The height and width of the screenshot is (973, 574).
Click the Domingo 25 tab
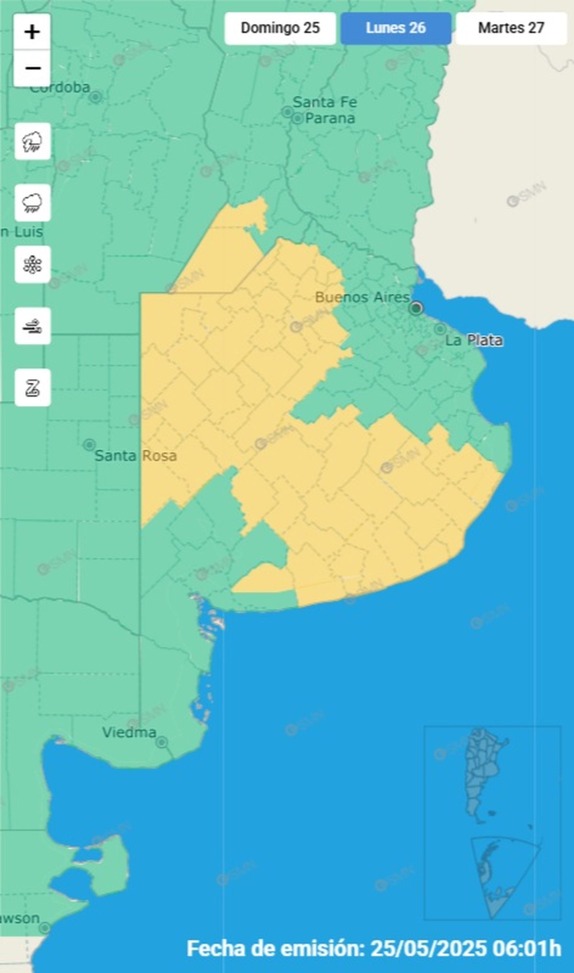pos(280,28)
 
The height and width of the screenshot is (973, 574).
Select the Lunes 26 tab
pos(396,28)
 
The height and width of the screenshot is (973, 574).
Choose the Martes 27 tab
pos(511,28)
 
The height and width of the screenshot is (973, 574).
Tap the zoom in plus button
pos(32,33)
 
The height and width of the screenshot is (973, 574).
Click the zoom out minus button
pos(32,68)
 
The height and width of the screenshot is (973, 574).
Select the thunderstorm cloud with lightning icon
pos(33,142)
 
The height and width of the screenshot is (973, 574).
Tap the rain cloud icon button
pos(33,203)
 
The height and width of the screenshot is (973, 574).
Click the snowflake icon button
pos(33,265)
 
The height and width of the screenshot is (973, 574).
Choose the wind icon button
pos(33,326)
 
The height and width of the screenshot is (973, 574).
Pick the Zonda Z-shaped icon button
pos(33,388)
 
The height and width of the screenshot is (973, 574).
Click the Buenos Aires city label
pos(362,298)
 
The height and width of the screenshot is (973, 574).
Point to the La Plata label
pos(474,341)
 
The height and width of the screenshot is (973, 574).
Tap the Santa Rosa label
pos(136,455)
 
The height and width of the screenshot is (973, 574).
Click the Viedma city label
pos(129,732)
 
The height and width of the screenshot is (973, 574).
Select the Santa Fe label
pos(325,102)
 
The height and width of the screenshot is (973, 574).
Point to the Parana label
pos(330,118)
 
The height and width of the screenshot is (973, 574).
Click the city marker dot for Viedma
pos(162,742)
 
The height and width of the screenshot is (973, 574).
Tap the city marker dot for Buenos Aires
pos(416,308)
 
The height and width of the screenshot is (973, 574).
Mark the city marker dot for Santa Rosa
pos(89,444)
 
